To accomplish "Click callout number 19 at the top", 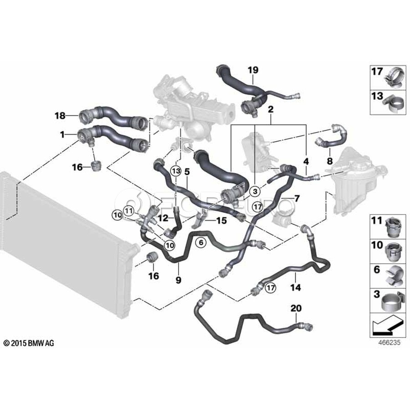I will tap(253, 70).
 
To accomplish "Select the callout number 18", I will tap(60, 116).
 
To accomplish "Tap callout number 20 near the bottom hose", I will tap(296, 309).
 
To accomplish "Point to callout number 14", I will tap(296, 287).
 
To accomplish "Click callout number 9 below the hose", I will tap(178, 281).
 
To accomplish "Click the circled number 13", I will tap(176, 170).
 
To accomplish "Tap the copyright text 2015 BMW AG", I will tap(28, 343).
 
